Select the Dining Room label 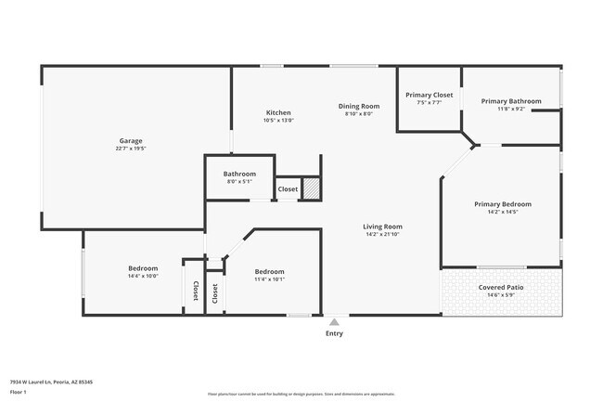tap(359, 106)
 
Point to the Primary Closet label tap(429, 95)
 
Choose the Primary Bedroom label tap(502, 204)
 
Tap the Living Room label tap(382, 226)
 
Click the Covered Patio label tap(501, 288)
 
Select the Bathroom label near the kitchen tap(239, 174)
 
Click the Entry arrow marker tap(334, 321)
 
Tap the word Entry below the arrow tap(334, 333)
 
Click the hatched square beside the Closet tap(313, 188)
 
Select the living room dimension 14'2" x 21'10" tap(382, 234)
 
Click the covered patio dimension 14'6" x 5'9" tap(501, 296)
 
